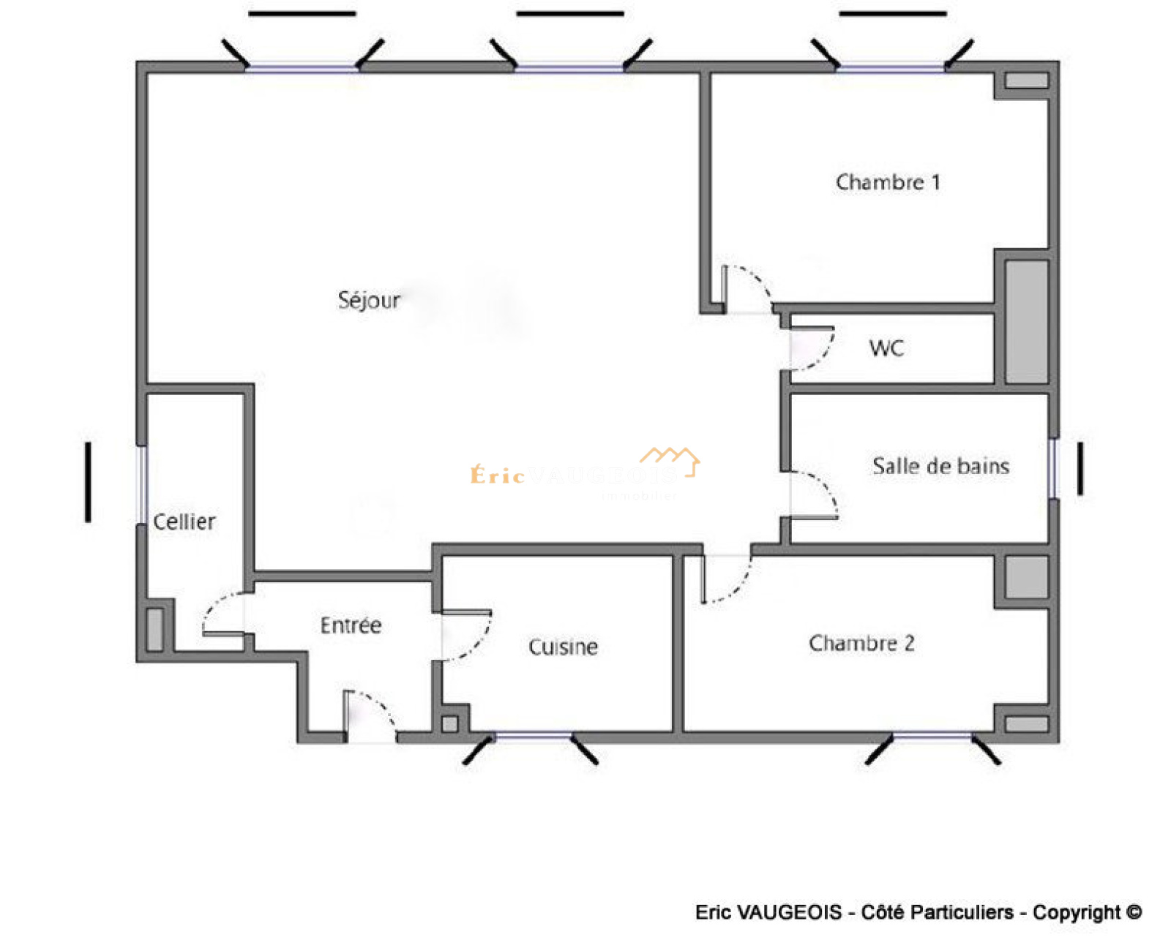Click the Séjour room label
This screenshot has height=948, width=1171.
pyautogui.click(x=369, y=300)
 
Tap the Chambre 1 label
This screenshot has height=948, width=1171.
pyautogui.click(x=887, y=182)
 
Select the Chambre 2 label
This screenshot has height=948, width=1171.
pyautogui.click(x=861, y=643)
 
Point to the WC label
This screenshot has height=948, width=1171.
pyautogui.click(x=886, y=348)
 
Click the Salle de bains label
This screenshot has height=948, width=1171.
pyautogui.click(x=940, y=466)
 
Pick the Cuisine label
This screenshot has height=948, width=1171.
pyautogui.click(x=563, y=647)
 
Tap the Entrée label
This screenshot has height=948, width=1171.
pyautogui.click(x=351, y=625)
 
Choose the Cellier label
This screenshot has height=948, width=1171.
pyautogui.click(x=184, y=522)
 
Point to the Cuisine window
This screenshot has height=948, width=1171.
pyautogui.click(x=534, y=736)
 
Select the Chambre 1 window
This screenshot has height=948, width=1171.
pyautogui.click(x=891, y=68)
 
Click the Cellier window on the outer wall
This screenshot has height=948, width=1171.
pyautogui.click(x=142, y=484)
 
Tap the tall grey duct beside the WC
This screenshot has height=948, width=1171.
pyautogui.click(x=1026, y=321)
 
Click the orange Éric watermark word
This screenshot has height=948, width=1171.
pyautogui.click(x=498, y=475)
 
